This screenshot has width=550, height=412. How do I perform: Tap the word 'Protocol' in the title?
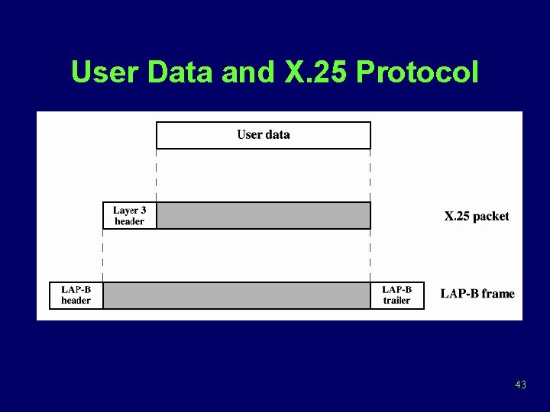pyautogui.click(x=418, y=72)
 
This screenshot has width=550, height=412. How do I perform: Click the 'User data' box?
pyautogui.click(x=264, y=135)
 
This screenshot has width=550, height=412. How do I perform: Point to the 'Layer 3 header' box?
pyautogui.click(x=129, y=216)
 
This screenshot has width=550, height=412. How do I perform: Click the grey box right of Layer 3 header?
pyautogui.click(x=264, y=216)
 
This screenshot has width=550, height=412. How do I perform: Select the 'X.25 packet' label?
pyautogui.click(x=477, y=217)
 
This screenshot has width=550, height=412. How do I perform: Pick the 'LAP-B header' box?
pyautogui.click(x=76, y=295)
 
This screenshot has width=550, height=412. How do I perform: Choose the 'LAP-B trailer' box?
pyautogui.click(x=396, y=295)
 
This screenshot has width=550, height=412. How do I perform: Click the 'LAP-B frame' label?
pyautogui.click(x=477, y=294)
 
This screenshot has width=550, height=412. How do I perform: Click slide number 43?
pyautogui.click(x=521, y=385)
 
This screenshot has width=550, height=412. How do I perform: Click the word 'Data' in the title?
pyautogui.click(x=180, y=72)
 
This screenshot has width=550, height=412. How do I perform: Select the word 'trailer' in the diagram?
pyautogui.click(x=396, y=301)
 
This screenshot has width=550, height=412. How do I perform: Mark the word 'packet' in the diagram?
pyautogui.click(x=490, y=217)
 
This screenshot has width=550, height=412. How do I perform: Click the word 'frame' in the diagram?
pyautogui.click(x=498, y=294)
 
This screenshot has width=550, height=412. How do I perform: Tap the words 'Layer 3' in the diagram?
pyautogui.click(x=129, y=211)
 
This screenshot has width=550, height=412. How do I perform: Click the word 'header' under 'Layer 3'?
pyautogui.click(x=129, y=221)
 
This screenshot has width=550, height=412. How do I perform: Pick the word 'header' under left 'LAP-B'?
pyautogui.click(x=76, y=301)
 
